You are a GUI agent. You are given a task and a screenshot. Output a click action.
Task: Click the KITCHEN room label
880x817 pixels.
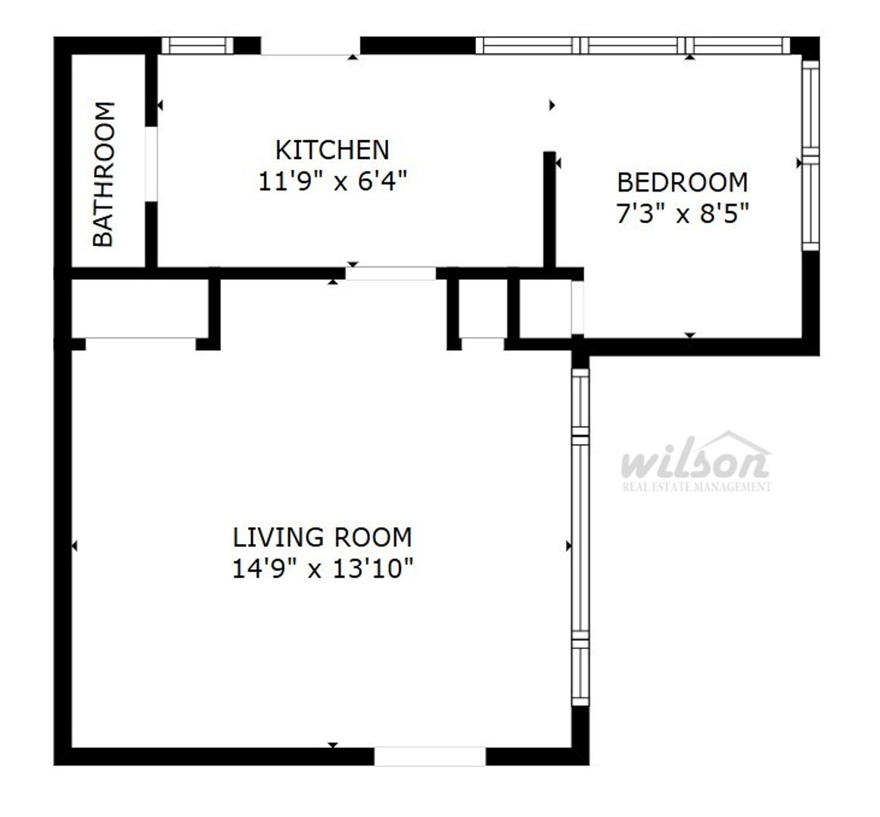coord(332,150)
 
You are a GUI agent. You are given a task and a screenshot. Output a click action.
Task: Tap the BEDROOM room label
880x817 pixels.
coord(683,182)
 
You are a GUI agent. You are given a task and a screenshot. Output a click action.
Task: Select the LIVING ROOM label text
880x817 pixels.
coord(322,537)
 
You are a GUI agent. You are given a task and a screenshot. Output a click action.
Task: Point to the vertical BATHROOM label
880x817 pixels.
coord(104,174)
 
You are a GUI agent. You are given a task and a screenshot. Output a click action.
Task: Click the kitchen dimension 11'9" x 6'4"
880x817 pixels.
coord(332,182)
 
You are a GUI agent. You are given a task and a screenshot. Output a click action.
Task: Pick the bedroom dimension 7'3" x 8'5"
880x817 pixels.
coord(683,214)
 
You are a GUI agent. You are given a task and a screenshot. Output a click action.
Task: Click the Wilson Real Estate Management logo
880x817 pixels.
coord(696,461)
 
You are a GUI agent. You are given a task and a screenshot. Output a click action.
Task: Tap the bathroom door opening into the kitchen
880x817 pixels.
coord(151,163)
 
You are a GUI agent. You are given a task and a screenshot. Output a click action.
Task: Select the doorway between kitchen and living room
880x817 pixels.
coord(390,274)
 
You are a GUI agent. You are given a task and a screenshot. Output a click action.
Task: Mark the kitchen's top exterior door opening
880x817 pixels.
coord(309,46)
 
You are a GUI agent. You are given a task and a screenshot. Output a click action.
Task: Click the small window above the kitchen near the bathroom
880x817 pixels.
coord(197,45)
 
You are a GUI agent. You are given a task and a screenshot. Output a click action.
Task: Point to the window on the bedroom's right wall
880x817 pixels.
coord(810,155)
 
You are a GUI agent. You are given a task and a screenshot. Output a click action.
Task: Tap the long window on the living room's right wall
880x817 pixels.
coord(580,536)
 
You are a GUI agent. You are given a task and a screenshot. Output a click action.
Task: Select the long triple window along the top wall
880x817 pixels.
coord(633,45)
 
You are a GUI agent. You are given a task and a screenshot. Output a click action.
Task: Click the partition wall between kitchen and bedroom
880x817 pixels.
coord(549,210)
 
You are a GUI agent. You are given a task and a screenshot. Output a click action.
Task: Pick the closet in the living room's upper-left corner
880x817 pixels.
coord(140,309)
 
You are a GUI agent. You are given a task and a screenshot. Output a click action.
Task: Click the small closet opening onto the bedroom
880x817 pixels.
coord(545,309)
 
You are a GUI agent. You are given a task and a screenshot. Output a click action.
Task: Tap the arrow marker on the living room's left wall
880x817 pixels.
coord(74,545)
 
